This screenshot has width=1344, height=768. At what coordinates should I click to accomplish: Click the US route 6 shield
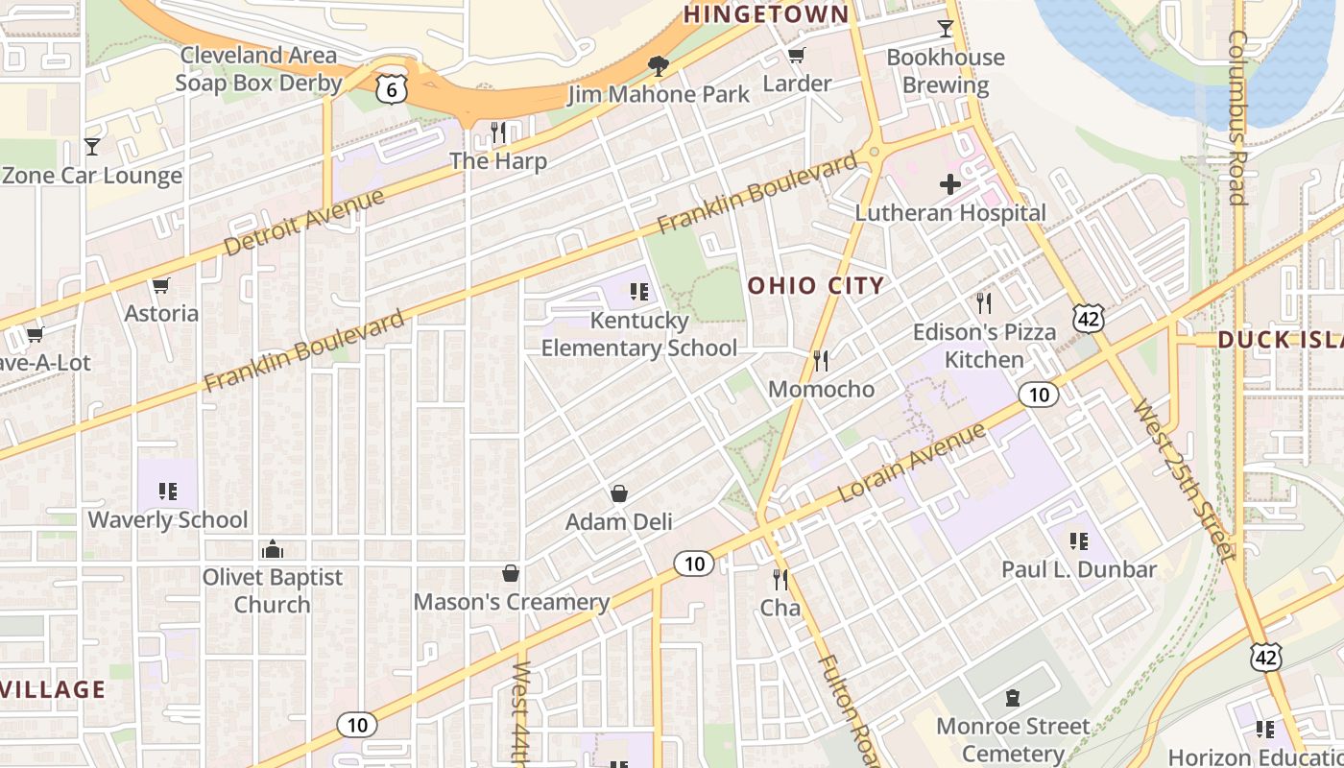point(392,88)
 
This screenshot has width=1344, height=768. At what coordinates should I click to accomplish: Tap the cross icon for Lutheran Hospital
point(950,184)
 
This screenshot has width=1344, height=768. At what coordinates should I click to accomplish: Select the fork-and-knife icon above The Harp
point(497,132)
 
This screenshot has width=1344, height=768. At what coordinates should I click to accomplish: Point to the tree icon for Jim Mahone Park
point(659,66)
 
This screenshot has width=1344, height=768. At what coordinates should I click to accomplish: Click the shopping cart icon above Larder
point(796,56)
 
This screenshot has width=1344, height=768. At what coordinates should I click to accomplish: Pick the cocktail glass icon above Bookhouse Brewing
point(946,28)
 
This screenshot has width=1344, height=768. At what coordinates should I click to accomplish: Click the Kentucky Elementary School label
point(639,334)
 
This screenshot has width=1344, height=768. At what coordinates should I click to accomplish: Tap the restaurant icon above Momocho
point(821,361)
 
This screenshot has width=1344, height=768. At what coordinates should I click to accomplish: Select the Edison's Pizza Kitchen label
point(984,346)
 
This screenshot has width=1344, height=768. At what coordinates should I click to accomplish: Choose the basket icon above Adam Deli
point(619,493)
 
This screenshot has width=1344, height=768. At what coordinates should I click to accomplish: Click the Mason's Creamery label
point(512,602)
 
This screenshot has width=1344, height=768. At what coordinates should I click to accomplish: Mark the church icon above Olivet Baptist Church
point(273,549)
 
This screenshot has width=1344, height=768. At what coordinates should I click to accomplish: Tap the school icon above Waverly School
point(168,492)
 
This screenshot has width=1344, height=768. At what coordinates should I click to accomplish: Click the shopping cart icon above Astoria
point(161,285)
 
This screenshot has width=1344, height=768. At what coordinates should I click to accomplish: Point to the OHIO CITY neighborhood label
point(815,285)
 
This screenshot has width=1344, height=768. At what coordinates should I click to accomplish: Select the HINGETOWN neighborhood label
point(766,13)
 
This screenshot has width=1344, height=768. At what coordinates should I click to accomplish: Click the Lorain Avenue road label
point(912,461)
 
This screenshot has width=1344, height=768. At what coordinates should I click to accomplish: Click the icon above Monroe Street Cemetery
point(1012,698)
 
